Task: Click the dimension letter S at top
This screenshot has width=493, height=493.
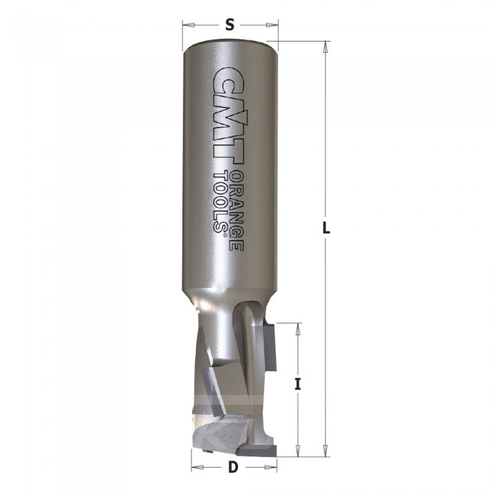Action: (230, 25)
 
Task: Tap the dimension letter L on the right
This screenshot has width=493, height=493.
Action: (326, 227)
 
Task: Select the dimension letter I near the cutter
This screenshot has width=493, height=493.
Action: (297, 385)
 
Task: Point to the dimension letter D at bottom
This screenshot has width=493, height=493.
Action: (233, 468)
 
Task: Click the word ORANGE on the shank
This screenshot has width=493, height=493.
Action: (237, 211)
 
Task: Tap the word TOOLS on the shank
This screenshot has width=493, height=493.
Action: (220, 201)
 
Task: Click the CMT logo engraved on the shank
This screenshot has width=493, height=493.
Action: (229, 116)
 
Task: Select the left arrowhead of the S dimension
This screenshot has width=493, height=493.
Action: (189, 25)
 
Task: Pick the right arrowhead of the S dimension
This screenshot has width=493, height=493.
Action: (273, 25)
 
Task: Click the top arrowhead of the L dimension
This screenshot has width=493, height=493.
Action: (325, 47)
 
